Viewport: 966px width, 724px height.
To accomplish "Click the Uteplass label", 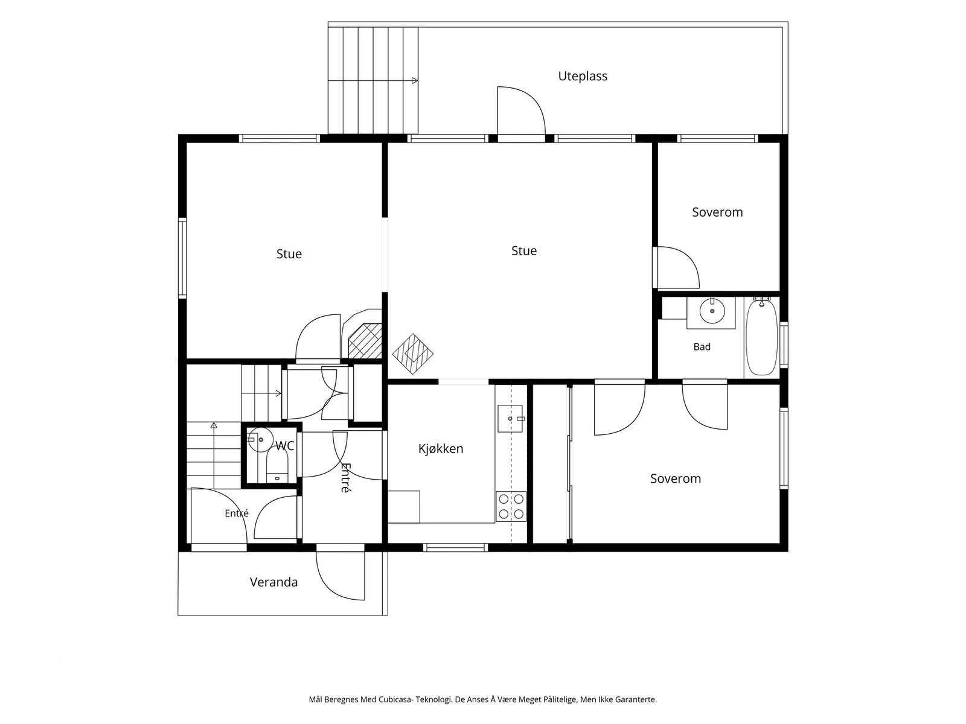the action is click(x=582, y=76).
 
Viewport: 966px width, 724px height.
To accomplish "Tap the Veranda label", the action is click(x=273, y=582).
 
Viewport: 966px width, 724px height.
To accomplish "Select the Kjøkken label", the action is click(x=441, y=448).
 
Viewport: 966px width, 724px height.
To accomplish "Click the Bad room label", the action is click(x=702, y=347).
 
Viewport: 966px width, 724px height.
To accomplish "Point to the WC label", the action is click(x=285, y=446).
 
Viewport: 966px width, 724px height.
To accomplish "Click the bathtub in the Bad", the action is click(x=761, y=337).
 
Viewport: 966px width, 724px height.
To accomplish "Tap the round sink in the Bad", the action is click(x=712, y=311).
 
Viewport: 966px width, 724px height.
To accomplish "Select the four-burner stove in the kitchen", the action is click(x=511, y=506).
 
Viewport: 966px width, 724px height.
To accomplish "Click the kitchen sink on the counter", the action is click(x=510, y=419).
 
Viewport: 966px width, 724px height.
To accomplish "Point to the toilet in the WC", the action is click(x=277, y=466).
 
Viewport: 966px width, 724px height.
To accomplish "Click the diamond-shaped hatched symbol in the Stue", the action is click(x=412, y=354).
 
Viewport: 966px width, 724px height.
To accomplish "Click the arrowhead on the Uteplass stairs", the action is click(x=415, y=80).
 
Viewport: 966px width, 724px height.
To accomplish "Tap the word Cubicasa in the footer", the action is click(x=395, y=699).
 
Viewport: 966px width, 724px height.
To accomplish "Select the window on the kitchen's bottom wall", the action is click(x=455, y=548).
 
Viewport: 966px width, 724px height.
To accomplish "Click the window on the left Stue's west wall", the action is click(x=182, y=258).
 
